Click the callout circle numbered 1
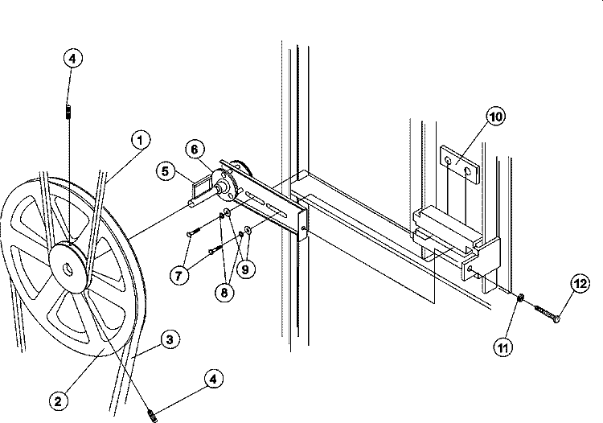click(140, 142)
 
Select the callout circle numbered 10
click(495, 117)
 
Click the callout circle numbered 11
click(503, 348)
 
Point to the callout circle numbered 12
click(580, 283)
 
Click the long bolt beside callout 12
click(544, 310)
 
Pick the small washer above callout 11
click(522, 299)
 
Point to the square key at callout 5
click(196, 190)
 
